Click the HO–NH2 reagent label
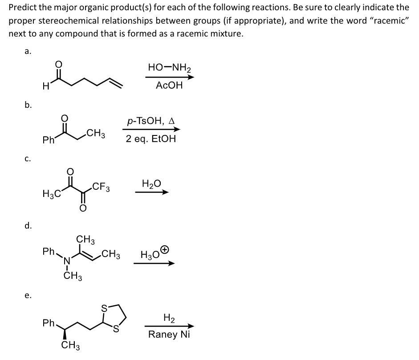[169, 68]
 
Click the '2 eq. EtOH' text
[151, 139]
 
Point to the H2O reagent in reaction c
[151, 183]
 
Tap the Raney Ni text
[169, 334]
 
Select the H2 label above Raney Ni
[169, 318]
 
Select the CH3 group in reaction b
[96, 132]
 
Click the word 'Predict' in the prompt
[23, 8]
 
